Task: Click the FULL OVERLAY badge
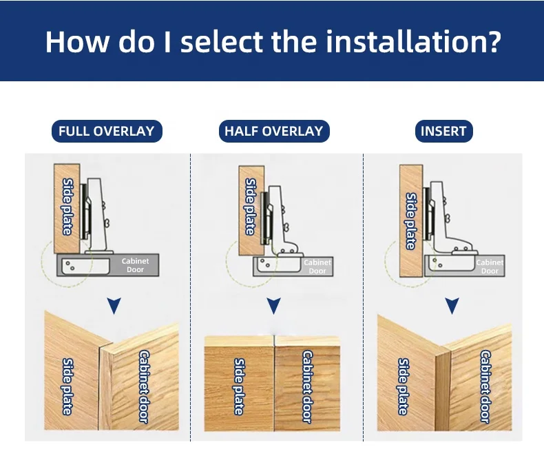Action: (x=106, y=131)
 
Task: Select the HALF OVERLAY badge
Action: (x=273, y=131)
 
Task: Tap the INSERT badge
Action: (x=443, y=131)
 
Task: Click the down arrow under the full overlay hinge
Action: (x=114, y=305)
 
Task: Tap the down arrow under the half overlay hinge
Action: (x=274, y=305)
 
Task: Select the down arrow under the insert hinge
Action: (x=452, y=305)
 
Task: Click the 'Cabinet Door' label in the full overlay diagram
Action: (x=135, y=265)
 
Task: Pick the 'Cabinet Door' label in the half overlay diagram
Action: (x=317, y=267)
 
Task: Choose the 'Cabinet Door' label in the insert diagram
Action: (x=490, y=267)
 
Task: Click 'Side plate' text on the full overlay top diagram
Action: (x=67, y=206)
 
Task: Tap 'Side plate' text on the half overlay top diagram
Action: (x=250, y=207)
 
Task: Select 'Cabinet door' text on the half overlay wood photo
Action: (x=307, y=386)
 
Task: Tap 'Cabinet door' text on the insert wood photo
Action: (x=485, y=386)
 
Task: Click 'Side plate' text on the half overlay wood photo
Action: (x=239, y=386)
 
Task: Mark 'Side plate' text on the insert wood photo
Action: (x=403, y=386)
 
